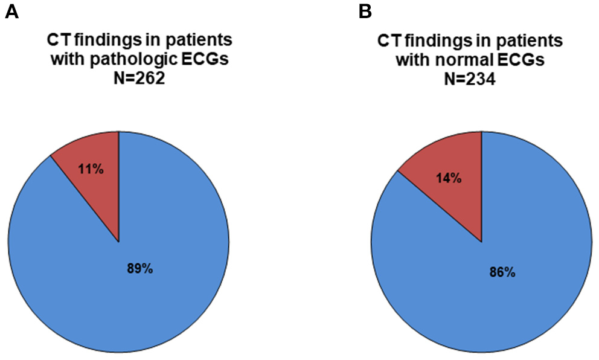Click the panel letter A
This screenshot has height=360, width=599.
click(11, 11)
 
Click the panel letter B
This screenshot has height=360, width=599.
click(365, 11)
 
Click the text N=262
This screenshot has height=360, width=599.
click(139, 80)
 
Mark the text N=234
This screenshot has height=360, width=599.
click(470, 80)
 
